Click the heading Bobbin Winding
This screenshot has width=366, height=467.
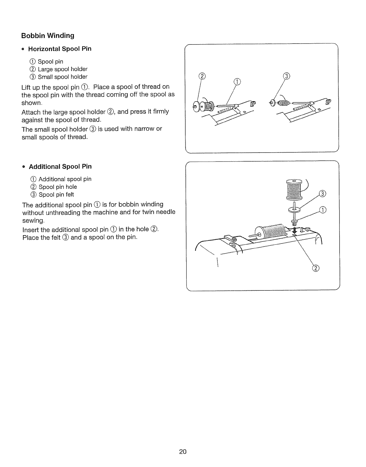click(x=48, y=36)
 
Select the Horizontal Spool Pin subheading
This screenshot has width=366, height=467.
click(x=60, y=49)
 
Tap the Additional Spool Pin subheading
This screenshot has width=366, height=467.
click(x=60, y=167)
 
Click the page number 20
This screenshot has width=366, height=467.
click(x=183, y=452)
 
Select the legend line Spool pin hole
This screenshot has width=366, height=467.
click(x=58, y=187)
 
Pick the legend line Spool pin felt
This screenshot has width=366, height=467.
click(x=56, y=195)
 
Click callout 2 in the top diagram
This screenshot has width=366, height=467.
click(x=202, y=76)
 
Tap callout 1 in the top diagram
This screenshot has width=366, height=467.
click(x=237, y=81)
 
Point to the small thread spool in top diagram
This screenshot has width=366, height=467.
click(x=283, y=103)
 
